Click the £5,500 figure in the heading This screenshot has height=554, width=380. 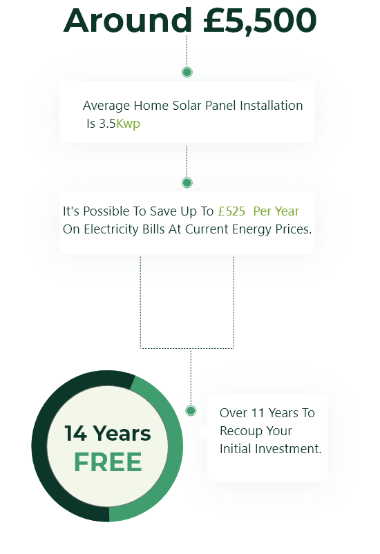(260, 21)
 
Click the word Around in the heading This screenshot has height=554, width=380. (128, 20)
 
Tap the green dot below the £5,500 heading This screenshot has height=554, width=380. (187, 72)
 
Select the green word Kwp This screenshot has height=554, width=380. (128, 124)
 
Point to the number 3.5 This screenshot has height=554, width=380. (108, 124)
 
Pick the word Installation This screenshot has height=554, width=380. (271, 105)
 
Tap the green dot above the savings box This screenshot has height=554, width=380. (187, 182)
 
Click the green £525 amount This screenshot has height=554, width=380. (231, 211)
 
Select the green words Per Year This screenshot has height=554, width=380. (276, 211)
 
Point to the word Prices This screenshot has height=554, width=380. (294, 229)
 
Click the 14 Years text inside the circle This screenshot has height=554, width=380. (108, 433)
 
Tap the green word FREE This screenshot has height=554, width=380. (108, 462)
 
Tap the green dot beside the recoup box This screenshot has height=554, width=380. (191, 410)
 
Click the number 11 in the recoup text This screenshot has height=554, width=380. (257, 413)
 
